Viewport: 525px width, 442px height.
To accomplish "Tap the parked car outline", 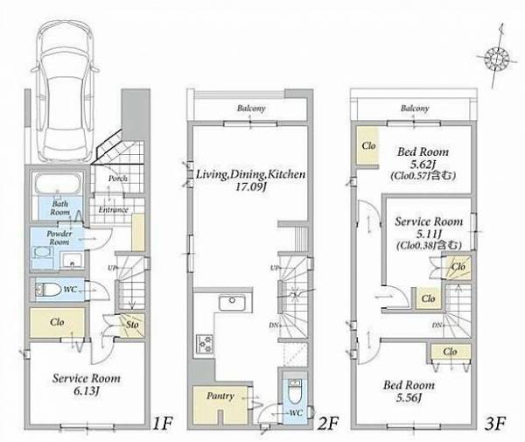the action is coord(65,90).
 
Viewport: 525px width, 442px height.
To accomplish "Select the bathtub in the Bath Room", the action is coord(59,183).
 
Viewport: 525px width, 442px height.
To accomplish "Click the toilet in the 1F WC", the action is coord(48,290).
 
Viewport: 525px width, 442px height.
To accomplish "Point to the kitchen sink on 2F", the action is coord(233,302).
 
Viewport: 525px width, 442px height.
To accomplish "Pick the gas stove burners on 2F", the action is coord(204,344).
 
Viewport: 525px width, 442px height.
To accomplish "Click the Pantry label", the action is coord(220,396).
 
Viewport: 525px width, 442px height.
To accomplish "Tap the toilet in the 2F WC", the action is coord(295,391).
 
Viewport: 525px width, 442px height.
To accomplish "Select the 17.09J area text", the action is coord(250,186).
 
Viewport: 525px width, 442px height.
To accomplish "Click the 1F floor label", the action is coord(162,424).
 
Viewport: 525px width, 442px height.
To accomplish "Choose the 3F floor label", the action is coord(495,424).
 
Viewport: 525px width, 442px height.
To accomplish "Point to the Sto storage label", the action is coord(132,325).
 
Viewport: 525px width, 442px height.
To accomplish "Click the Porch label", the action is coord(118,179).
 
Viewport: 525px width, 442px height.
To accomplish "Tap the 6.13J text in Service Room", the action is coord(87,391).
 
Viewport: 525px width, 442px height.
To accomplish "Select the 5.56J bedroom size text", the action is coord(409,397).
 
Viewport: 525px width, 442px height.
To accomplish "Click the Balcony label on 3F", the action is coord(415,109).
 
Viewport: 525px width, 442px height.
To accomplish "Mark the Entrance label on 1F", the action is coord(113,210).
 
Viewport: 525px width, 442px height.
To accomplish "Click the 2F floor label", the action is coord(328,424).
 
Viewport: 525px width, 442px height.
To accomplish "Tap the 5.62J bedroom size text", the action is coord(423,165).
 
